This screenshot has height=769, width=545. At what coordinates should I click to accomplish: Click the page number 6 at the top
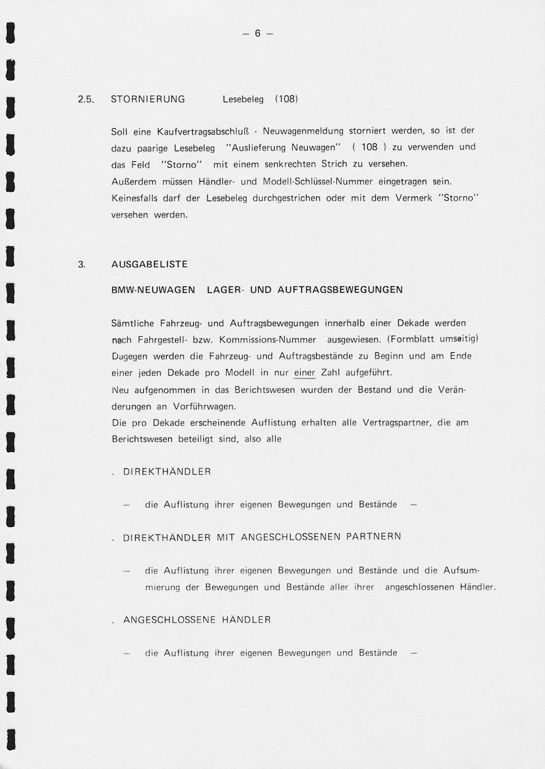(x=258, y=34)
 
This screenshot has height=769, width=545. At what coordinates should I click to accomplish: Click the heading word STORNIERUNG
(x=148, y=99)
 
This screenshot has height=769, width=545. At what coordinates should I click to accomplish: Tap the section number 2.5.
(x=85, y=100)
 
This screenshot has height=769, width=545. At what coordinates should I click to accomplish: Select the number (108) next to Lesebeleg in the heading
(x=286, y=99)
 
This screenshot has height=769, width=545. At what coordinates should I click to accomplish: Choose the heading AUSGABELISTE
(x=150, y=264)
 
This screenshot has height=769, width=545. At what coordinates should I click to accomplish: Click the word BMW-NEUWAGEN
(x=153, y=290)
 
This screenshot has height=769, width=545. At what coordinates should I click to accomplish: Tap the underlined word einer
(x=304, y=373)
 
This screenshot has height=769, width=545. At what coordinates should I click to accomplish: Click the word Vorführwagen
(x=204, y=406)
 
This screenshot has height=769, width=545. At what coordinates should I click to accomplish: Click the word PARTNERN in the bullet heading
(x=374, y=536)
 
